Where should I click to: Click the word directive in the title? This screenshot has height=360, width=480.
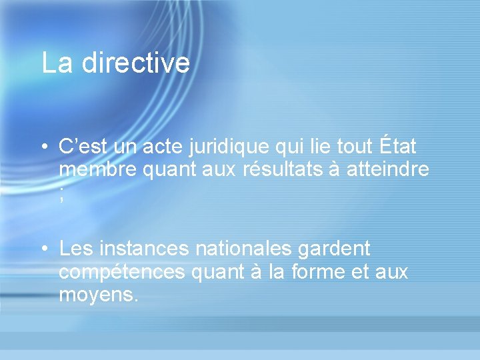[x=136, y=63]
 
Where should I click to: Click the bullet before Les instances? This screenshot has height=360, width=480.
[x=43, y=250]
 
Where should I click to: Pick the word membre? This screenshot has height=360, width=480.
[x=97, y=170]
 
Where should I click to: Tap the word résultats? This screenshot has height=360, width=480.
[x=288, y=170]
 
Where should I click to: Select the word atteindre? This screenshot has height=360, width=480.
[x=388, y=170]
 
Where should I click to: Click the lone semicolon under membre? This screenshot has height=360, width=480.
[x=61, y=195]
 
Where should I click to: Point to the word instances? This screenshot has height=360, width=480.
[x=143, y=249]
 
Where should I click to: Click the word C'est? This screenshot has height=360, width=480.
[x=79, y=147]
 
